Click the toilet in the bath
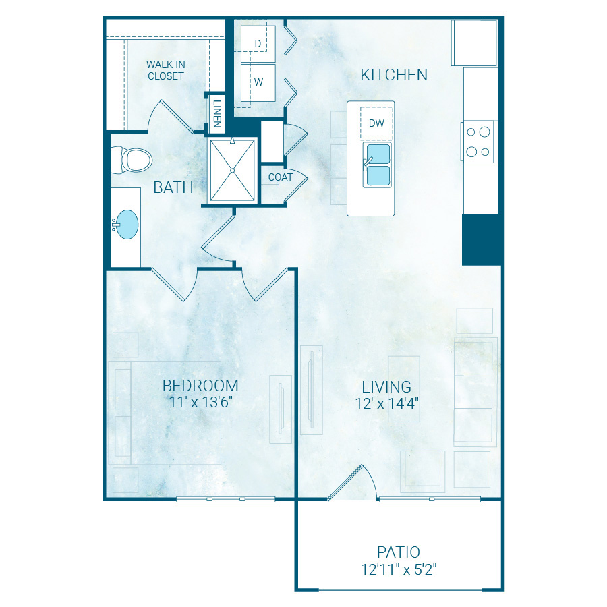tap(131, 160)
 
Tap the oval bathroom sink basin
tap(127, 225)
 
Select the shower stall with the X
tap(232, 171)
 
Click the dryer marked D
tap(258, 44)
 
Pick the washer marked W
tap(258, 82)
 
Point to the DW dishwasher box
tap(376, 123)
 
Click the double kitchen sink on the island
tap(378, 165)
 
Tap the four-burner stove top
tap(478, 142)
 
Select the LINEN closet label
tap(217, 114)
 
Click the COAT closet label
tap(281, 177)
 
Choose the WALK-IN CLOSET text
tap(166, 70)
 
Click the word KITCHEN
tap(394, 75)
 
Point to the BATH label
tap(173, 187)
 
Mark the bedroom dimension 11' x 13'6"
tap(200, 402)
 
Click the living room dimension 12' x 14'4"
tap(386, 403)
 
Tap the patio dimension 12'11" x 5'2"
tap(399, 569)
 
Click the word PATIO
tap(399, 552)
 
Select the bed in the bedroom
tap(165, 413)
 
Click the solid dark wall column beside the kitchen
tap(482, 239)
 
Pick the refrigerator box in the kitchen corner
tap(474, 43)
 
